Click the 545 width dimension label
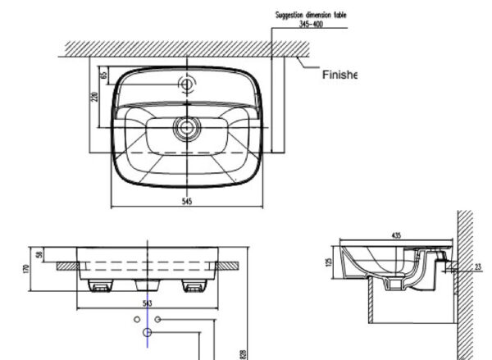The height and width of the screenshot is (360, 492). click(187, 202)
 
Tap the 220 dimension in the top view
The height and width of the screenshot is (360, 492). click(95, 98)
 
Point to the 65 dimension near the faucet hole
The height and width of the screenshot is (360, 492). click(104, 75)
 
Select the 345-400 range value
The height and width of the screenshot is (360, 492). click(310, 24)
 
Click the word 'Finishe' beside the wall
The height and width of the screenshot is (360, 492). click(339, 75)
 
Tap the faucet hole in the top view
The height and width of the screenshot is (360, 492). click(187, 84)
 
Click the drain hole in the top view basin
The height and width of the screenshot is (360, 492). click(187, 126)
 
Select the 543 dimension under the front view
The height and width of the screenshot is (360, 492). click(148, 303)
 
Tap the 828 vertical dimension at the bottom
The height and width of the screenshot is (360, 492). click(244, 353)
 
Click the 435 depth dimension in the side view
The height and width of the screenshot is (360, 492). click(396, 236)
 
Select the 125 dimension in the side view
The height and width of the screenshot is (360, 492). click(327, 262)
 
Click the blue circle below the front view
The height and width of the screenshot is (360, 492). click(148, 333)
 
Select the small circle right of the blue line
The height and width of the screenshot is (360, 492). click(159, 317)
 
